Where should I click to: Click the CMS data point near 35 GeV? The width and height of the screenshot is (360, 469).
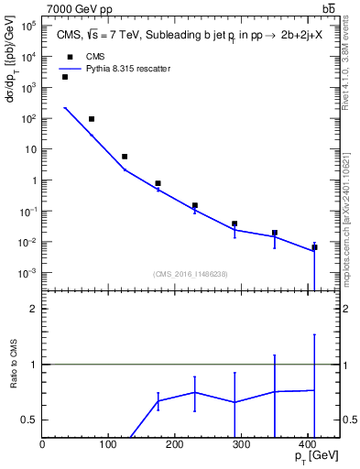(x=65, y=77)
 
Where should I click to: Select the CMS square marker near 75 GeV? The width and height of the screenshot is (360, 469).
(x=92, y=119)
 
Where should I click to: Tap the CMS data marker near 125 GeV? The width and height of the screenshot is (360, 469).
(x=125, y=157)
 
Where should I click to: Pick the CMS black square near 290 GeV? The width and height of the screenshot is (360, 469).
(x=235, y=224)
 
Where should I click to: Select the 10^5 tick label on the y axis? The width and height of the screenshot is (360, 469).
(x=29, y=26)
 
